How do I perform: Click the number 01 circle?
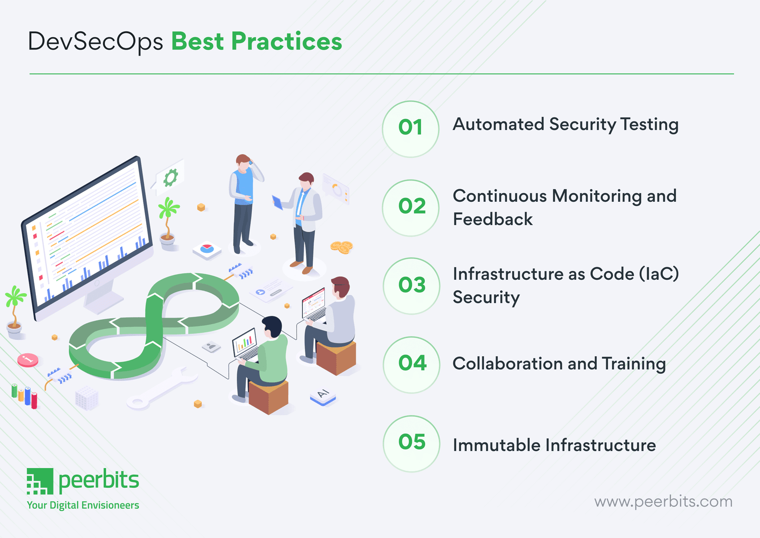coord(410,129)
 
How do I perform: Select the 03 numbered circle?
coord(411,286)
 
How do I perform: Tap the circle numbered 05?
coord(411,443)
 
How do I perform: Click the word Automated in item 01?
coord(498,124)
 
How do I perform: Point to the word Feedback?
coord(492,219)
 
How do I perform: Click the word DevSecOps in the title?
coord(95,42)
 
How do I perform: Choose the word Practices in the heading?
coord(287,42)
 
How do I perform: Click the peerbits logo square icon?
coord(40,481)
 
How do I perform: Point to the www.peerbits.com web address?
coord(663,501)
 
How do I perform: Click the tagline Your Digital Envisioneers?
coord(83,505)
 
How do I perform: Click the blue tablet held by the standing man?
coord(277,203)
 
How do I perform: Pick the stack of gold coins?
coord(342,247)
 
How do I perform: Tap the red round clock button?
coord(28,360)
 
